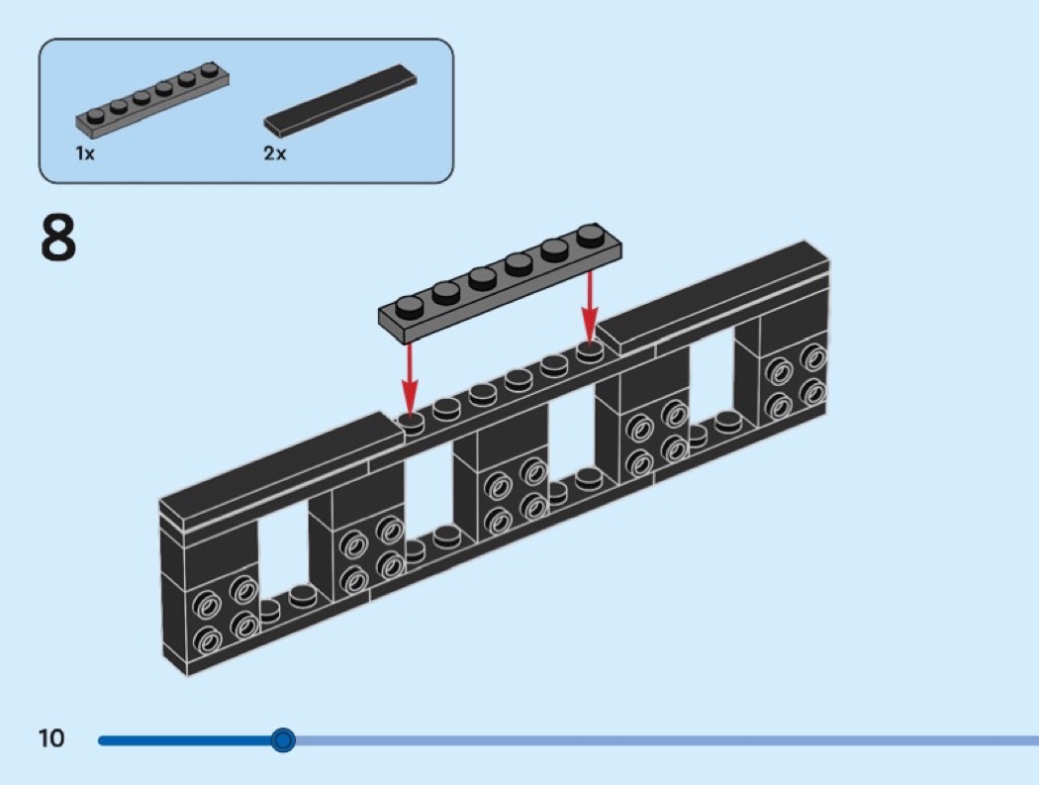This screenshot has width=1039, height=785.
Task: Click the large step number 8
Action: coord(58,238)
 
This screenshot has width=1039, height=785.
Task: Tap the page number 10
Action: coord(50,738)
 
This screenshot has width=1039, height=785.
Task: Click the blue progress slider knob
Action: coord(283,739)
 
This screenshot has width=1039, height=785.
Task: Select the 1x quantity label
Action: coord(85,154)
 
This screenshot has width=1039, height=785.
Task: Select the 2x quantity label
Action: coord(274,154)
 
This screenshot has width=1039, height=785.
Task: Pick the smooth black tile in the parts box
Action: coord(340,100)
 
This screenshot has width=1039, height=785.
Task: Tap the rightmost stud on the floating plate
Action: coord(591,236)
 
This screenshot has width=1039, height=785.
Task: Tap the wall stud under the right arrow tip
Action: coord(590,351)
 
